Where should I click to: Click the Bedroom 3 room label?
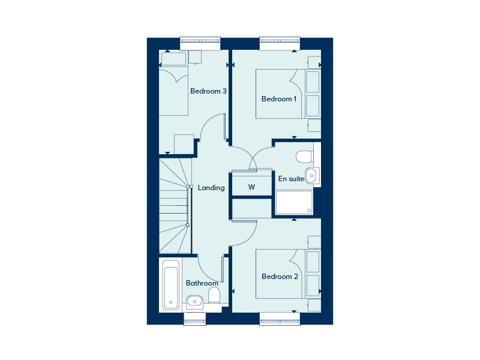tap(208, 91)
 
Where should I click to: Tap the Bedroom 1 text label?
tap(279, 99)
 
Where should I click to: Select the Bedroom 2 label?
tap(280, 277)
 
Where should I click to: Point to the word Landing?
tap(211, 188)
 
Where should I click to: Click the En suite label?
tap(291, 179)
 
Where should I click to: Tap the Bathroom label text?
tap(202, 283)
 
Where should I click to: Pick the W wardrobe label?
tap(251, 187)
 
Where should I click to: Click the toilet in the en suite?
tap(304, 157)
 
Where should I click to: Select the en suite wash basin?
tap(312, 175)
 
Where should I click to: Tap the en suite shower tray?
tap(294, 203)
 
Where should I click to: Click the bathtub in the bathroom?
tap(171, 285)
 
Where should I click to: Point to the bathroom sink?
tap(194, 302)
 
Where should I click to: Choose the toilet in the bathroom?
tap(214, 296)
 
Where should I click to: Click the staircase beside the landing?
tap(175, 206)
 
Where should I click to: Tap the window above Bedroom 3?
tap(200, 43)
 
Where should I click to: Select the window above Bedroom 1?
tap(280, 43)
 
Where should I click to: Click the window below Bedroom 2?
tap(280, 319)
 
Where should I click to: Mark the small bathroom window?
tap(194, 319)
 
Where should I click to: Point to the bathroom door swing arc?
tap(205, 272)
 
